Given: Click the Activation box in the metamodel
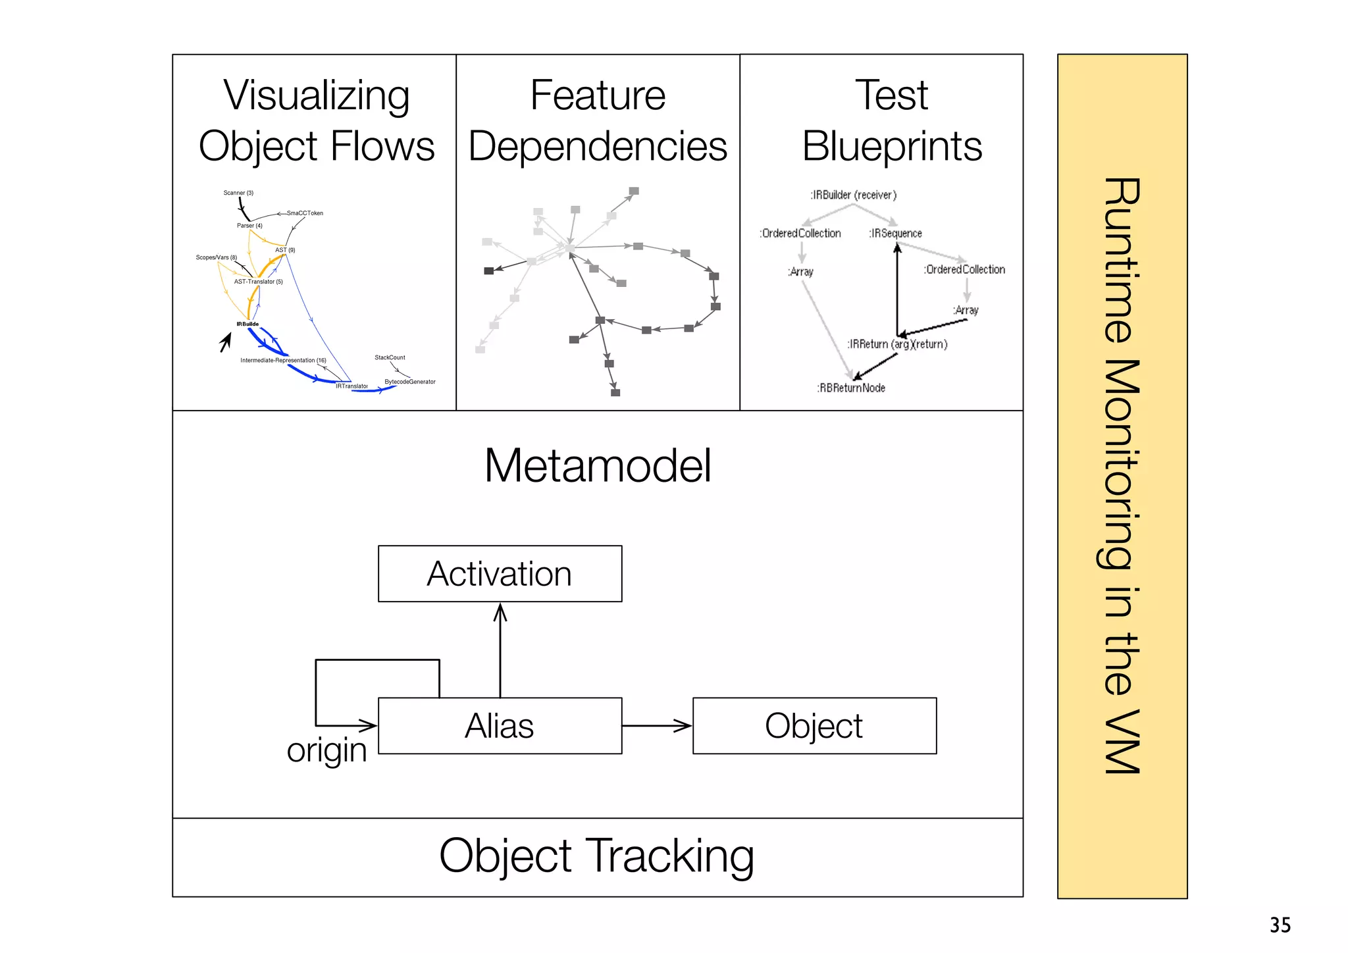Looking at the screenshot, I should [500, 573].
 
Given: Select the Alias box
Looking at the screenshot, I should [500, 725].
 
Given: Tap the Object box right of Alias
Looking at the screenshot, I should [814, 725].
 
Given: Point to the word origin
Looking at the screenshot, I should [326, 750].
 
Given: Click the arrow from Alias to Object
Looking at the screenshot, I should [656, 725].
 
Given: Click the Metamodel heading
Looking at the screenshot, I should [598, 465].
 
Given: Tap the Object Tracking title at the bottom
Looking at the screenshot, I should [596, 856].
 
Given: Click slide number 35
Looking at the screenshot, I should [1280, 925].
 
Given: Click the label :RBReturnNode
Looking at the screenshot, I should [851, 388].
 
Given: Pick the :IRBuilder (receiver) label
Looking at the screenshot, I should [853, 195].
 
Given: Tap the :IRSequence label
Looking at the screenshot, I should [895, 234].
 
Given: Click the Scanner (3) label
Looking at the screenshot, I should [238, 193].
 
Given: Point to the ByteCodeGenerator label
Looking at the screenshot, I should [410, 382].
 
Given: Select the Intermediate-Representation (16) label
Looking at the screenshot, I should [283, 361].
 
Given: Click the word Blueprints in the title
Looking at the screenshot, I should [892, 146].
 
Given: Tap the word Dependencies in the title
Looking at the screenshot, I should [598, 146].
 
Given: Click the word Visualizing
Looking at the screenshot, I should [317, 95].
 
